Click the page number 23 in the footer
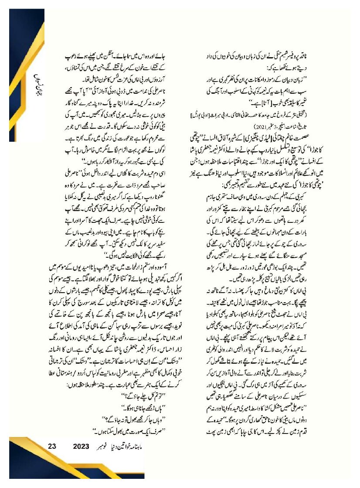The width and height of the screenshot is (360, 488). [x=52, y=447]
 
